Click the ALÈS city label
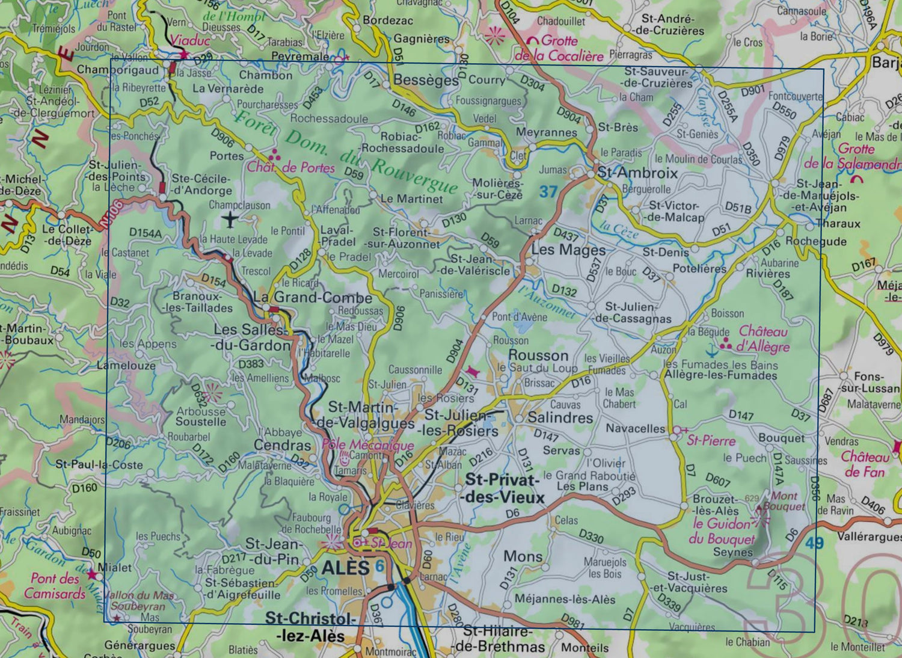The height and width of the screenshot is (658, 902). pos(345,567)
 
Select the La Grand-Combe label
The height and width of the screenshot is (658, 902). pos(313,297)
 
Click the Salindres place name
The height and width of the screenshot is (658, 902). pos(560,417)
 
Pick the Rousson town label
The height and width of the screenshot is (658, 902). pos(538,355)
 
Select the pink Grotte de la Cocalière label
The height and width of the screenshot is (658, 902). pos(559,49)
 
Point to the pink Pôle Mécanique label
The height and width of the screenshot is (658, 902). pos(368,445)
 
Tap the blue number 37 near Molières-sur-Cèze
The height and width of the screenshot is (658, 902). pos(548,192)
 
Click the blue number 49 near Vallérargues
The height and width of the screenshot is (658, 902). pos(814,543)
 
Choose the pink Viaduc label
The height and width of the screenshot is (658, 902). pos(189,41)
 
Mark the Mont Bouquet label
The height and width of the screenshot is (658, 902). pos(784,501)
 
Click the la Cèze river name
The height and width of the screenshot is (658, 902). pos(619,230)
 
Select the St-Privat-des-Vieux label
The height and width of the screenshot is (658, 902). pos(503,488)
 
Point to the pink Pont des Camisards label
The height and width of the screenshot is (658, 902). pos(55,586)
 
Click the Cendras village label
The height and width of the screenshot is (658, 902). pos(282,445)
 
